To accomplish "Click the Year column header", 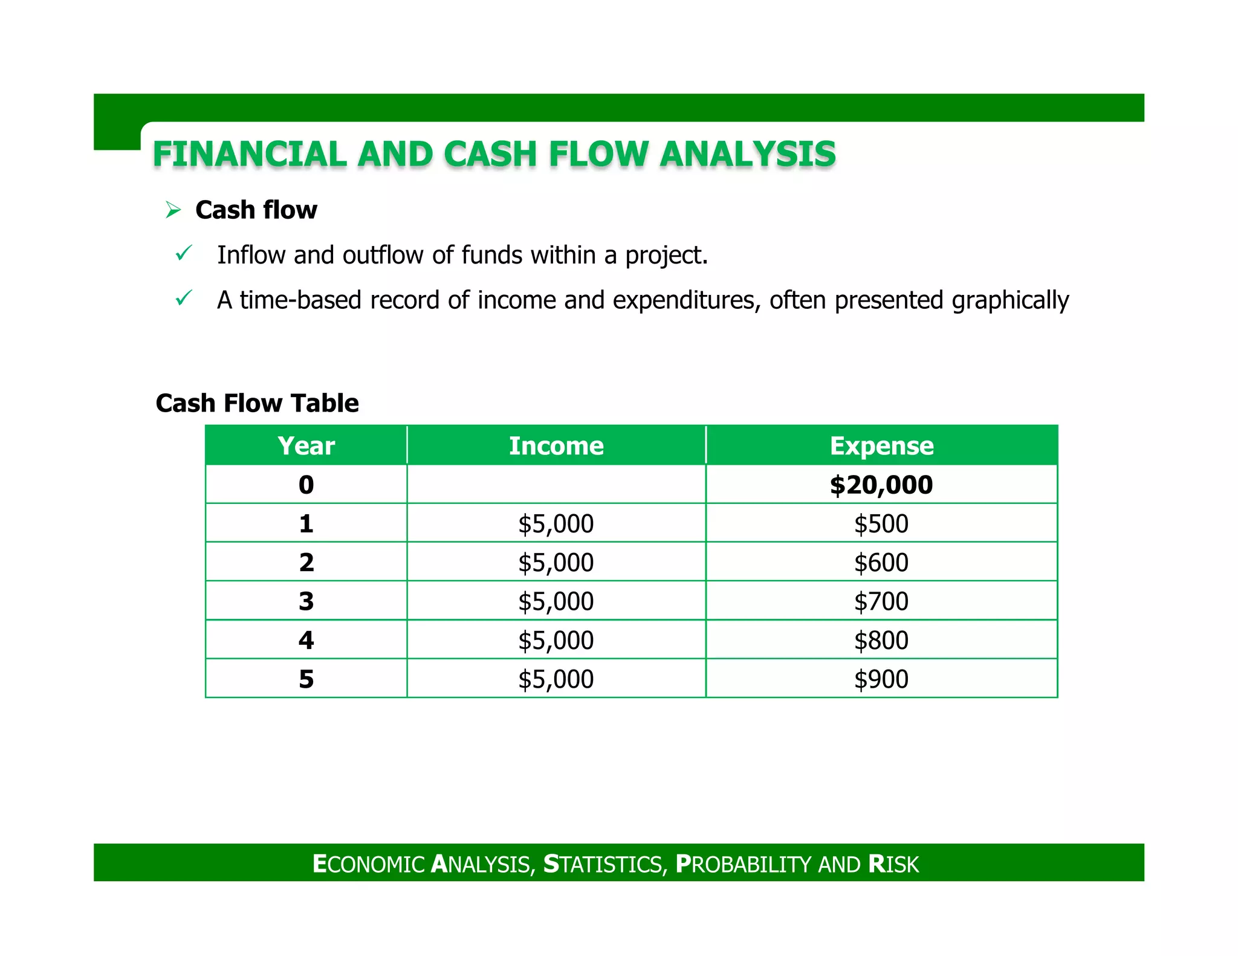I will [x=306, y=446].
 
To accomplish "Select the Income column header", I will [x=556, y=446].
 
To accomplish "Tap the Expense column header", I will [x=881, y=446].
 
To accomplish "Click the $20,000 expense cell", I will [x=881, y=485].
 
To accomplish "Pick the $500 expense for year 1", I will [x=881, y=523].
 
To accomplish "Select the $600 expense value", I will [x=881, y=563].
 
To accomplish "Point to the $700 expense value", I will [x=881, y=601].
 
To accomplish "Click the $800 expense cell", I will [x=881, y=640].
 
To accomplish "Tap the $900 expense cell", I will [x=881, y=679].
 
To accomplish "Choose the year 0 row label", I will [x=306, y=485].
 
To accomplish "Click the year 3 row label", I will [x=306, y=601].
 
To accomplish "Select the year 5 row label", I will [x=306, y=679].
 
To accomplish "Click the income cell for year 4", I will [x=556, y=640].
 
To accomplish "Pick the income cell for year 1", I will [x=556, y=523].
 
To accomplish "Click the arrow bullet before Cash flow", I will [x=173, y=210].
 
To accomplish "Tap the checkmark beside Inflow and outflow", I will [x=183, y=253].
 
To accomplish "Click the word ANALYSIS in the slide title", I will [x=747, y=154].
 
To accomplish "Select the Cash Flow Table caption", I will [x=257, y=403].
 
